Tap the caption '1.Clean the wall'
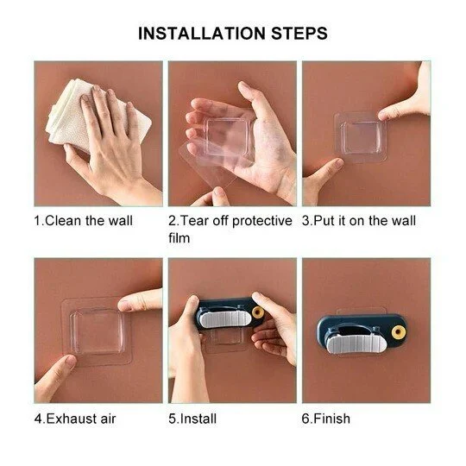(84, 221)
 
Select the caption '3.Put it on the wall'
(358, 221)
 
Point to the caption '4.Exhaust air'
(74, 419)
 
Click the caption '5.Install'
(192, 419)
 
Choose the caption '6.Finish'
(326, 419)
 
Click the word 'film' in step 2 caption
(179, 237)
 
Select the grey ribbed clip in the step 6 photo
(356, 332)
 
